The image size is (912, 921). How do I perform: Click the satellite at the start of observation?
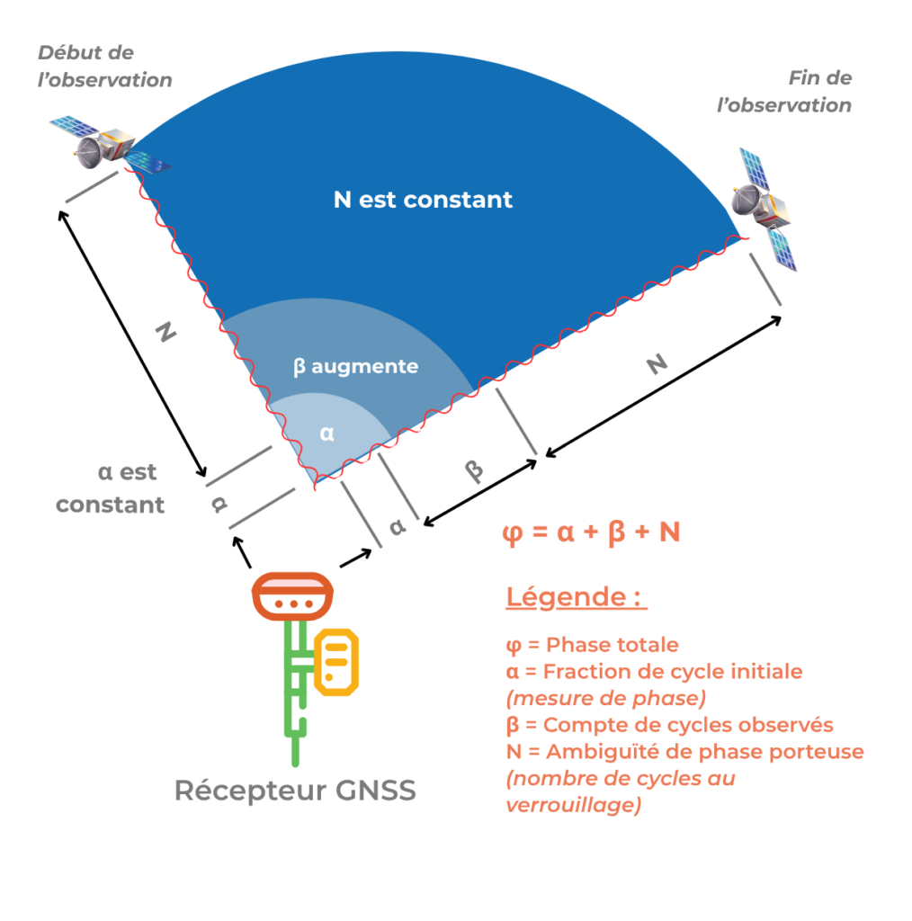[x=110, y=145]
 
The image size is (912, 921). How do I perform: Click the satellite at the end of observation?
[x=764, y=209]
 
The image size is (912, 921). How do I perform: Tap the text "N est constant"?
[x=423, y=200]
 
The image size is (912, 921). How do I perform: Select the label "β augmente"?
[x=355, y=367]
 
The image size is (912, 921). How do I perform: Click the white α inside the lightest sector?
[x=327, y=434]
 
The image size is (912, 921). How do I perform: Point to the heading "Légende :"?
[x=577, y=597]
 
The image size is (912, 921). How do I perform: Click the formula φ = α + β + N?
[x=591, y=532]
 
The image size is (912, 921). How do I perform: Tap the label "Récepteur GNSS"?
[x=295, y=790]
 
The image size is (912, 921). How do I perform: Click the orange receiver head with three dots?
[x=292, y=596]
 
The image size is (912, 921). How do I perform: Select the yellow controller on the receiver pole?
[x=335, y=662]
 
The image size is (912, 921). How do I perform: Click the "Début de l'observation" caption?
[x=104, y=67]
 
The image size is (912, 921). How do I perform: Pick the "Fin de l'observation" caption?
[x=784, y=92]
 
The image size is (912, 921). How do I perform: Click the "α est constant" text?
[x=110, y=488]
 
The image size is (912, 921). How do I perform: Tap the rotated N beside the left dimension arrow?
[x=165, y=332]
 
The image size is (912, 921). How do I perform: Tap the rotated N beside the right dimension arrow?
[x=657, y=364]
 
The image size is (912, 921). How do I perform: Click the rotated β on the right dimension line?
[x=474, y=469]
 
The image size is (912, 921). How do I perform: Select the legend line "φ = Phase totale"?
[x=592, y=645]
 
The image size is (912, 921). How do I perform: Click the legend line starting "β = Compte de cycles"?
[x=669, y=725]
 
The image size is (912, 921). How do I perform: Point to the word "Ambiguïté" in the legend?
[x=603, y=752]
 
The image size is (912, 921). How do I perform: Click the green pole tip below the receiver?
[x=295, y=763]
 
